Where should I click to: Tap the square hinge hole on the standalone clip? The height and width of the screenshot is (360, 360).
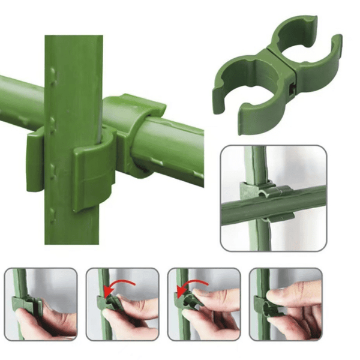pyautogui.click(x=292, y=89)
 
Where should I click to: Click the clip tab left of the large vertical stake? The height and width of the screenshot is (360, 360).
pyautogui.click(x=35, y=162)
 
